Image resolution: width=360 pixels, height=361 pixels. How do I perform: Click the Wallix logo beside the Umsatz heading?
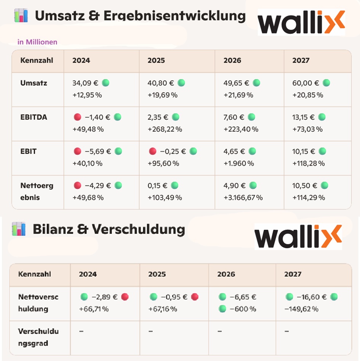tap(301, 22)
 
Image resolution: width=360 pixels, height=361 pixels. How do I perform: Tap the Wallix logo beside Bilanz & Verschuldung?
tap(298, 236)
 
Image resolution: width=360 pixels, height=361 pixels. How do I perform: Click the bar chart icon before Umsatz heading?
tap(21, 16)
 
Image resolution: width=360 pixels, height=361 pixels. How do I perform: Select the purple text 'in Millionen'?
tap(37, 42)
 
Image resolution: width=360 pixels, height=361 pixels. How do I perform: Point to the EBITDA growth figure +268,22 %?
tap(165, 129)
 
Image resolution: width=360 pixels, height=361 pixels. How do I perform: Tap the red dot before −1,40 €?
tap(77, 117)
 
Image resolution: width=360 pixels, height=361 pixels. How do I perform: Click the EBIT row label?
tap(29, 152)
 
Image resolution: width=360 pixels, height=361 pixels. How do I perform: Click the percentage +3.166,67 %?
tap(243, 198)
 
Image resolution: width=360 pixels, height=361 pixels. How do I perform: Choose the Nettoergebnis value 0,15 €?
tap(157, 186)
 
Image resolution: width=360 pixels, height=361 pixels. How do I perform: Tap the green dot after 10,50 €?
tap(324, 186)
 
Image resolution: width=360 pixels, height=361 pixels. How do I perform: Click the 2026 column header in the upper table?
tap(232, 61)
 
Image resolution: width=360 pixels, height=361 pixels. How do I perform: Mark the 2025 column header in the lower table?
tap(157, 274)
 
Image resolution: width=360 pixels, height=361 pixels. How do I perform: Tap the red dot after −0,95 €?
tap(195, 297)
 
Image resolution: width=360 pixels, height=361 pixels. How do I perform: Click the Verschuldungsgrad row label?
tap(33, 337)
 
